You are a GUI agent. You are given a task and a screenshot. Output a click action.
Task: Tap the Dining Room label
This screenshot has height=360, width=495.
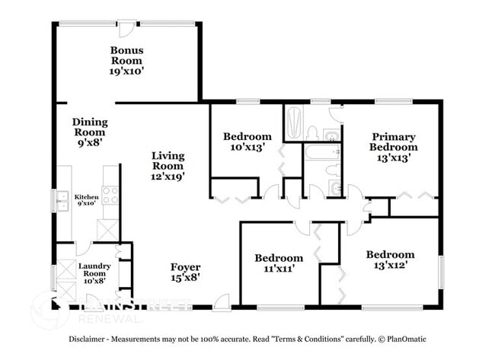(89, 131)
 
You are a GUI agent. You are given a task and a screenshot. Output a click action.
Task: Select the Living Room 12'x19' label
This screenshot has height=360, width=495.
(168, 165)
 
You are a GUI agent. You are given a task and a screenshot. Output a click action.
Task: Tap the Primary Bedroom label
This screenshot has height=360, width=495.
(394, 147)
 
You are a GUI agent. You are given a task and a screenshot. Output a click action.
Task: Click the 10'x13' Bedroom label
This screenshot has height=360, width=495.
(247, 142)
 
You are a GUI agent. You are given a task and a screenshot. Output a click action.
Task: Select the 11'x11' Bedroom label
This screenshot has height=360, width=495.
(278, 263)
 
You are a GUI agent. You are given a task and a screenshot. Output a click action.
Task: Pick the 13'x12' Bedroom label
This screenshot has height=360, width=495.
(390, 260)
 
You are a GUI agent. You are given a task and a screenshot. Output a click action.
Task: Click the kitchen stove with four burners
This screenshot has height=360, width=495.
(110, 196)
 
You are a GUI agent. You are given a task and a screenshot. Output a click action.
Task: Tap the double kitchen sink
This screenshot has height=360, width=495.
(62, 201)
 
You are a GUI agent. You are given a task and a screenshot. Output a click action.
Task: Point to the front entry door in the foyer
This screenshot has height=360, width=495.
(220, 302)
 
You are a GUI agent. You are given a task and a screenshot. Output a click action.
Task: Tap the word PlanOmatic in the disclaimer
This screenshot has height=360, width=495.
(402, 339)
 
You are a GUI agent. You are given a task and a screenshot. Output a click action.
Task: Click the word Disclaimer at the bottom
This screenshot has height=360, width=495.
(91, 339)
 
